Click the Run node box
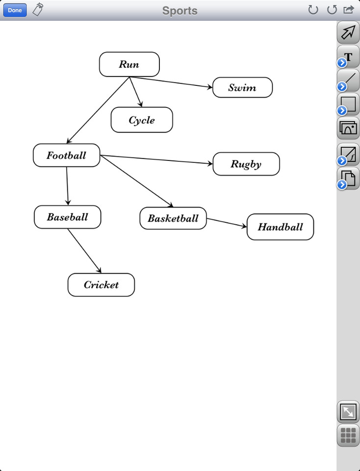(129, 64)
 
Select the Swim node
(242, 88)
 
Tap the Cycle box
(142, 120)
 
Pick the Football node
(66, 156)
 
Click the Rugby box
(246, 164)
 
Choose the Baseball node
(67, 217)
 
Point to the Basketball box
(173, 218)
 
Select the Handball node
(280, 227)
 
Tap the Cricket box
(101, 285)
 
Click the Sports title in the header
(180, 10)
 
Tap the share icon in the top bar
(349, 9)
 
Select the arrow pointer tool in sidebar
(348, 32)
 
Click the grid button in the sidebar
(348, 435)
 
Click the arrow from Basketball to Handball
(226, 223)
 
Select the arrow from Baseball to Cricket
(84, 251)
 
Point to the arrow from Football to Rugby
(157, 159)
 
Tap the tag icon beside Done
(38, 9)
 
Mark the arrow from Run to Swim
(172, 83)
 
